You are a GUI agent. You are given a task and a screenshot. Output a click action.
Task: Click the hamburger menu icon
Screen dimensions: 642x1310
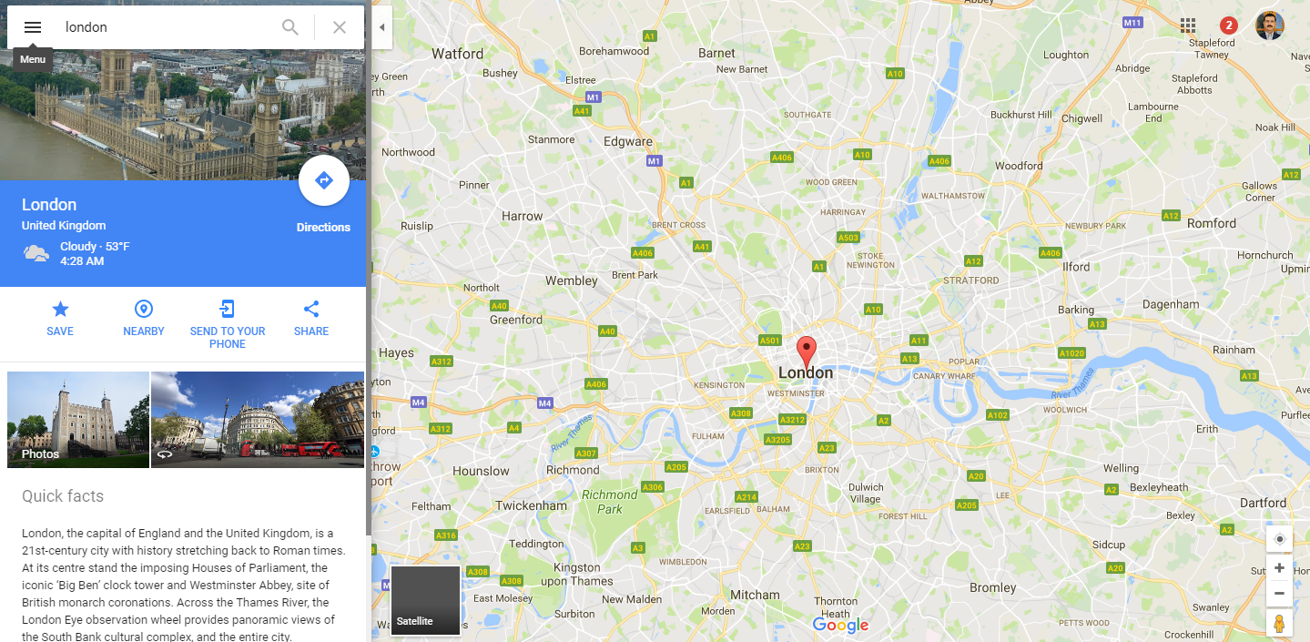point(33,27)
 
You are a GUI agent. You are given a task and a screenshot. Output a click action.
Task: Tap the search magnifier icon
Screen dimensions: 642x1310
point(290,27)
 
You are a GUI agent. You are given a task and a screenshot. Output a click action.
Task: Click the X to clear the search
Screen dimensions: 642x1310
point(340,27)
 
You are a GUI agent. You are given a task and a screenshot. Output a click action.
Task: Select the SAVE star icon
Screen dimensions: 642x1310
point(60,310)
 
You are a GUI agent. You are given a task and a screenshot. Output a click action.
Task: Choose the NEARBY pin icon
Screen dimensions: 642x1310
point(144,310)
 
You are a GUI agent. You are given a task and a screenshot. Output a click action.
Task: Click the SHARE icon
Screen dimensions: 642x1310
point(311,310)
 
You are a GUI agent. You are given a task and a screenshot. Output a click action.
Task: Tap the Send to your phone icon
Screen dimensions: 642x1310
point(228,310)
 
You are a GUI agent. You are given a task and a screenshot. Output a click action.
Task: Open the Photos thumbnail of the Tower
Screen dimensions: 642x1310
point(78,420)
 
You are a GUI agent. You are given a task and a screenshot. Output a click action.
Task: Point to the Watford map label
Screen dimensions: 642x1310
point(458,54)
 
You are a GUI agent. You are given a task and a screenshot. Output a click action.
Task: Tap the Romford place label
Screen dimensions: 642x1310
point(1212,223)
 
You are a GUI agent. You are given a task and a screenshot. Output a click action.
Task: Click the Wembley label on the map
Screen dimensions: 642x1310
point(572,280)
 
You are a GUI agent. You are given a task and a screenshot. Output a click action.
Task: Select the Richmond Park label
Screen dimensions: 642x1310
point(610,502)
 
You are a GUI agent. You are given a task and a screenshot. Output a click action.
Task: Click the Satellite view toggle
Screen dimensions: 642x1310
point(425,600)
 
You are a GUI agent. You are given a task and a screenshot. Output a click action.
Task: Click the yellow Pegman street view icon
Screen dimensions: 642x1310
point(1279,624)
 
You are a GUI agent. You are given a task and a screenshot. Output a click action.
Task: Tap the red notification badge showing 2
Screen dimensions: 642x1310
point(1229,25)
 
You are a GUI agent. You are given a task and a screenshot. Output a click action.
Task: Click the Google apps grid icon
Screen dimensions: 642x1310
point(1188,25)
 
